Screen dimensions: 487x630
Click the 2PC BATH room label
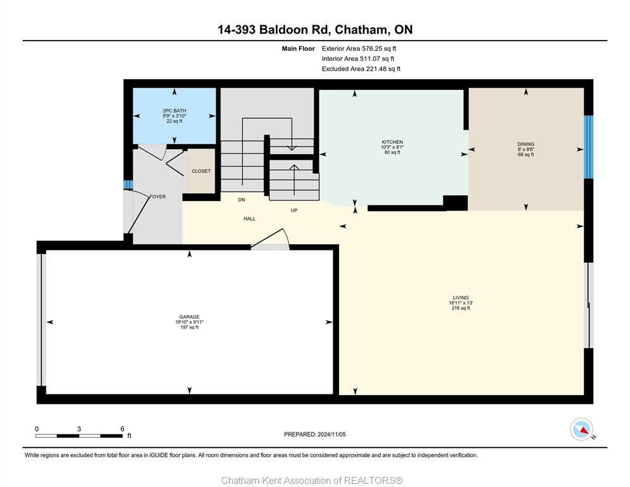click(x=174, y=111)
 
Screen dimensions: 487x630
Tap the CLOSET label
click(x=201, y=171)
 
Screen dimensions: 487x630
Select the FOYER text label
click(x=157, y=197)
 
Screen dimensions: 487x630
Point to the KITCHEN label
click(x=392, y=142)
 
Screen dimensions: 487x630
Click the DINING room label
click(x=525, y=144)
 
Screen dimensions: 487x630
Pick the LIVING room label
click(x=460, y=297)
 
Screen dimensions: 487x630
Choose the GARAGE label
click(x=189, y=317)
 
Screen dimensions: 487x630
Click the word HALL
click(x=250, y=219)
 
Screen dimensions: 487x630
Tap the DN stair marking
click(x=241, y=200)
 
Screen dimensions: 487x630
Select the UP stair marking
click(x=293, y=211)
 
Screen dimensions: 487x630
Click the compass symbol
click(x=581, y=429)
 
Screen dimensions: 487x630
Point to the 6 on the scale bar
click(x=122, y=429)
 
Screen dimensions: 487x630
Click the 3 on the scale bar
click(x=79, y=429)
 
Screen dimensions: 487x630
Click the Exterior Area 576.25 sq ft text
click(x=359, y=48)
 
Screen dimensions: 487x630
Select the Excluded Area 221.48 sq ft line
click(x=361, y=68)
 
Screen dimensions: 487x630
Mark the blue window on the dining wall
click(x=588, y=147)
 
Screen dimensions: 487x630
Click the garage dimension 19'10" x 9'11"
click(x=189, y=322)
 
